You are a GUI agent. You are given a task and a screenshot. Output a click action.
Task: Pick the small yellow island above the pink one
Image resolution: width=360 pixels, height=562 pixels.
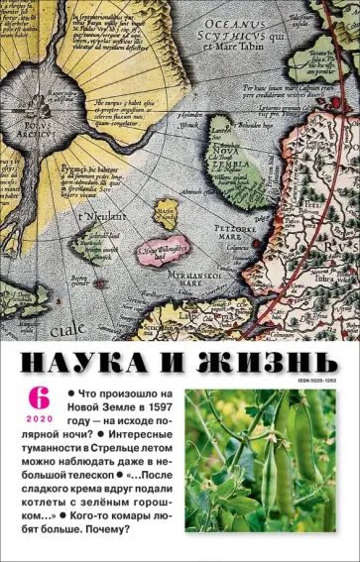click(168, 213)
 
